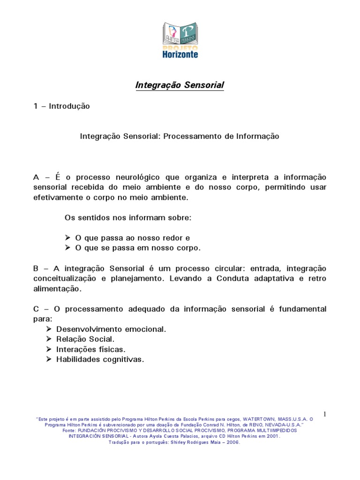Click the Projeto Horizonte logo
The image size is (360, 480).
[x=180, y=40]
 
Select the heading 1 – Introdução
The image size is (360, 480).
[x=61, y=106]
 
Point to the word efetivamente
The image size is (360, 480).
[x=54, y=197]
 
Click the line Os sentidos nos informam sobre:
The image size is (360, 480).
[x=127, y=218]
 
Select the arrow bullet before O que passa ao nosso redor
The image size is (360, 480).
[x=67, y=238]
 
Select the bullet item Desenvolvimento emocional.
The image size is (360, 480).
[x=111, y=330]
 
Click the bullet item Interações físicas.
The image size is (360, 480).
[x=91, y=350]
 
